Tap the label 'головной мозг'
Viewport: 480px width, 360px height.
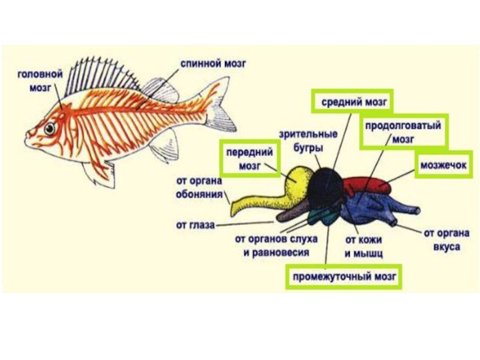point(39,80)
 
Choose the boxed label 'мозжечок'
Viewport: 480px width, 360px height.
point(443,163)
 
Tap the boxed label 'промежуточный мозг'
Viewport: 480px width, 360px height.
point(344,277)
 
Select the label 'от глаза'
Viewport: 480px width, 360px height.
point(194,226)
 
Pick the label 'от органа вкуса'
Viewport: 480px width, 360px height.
point(446,240)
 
